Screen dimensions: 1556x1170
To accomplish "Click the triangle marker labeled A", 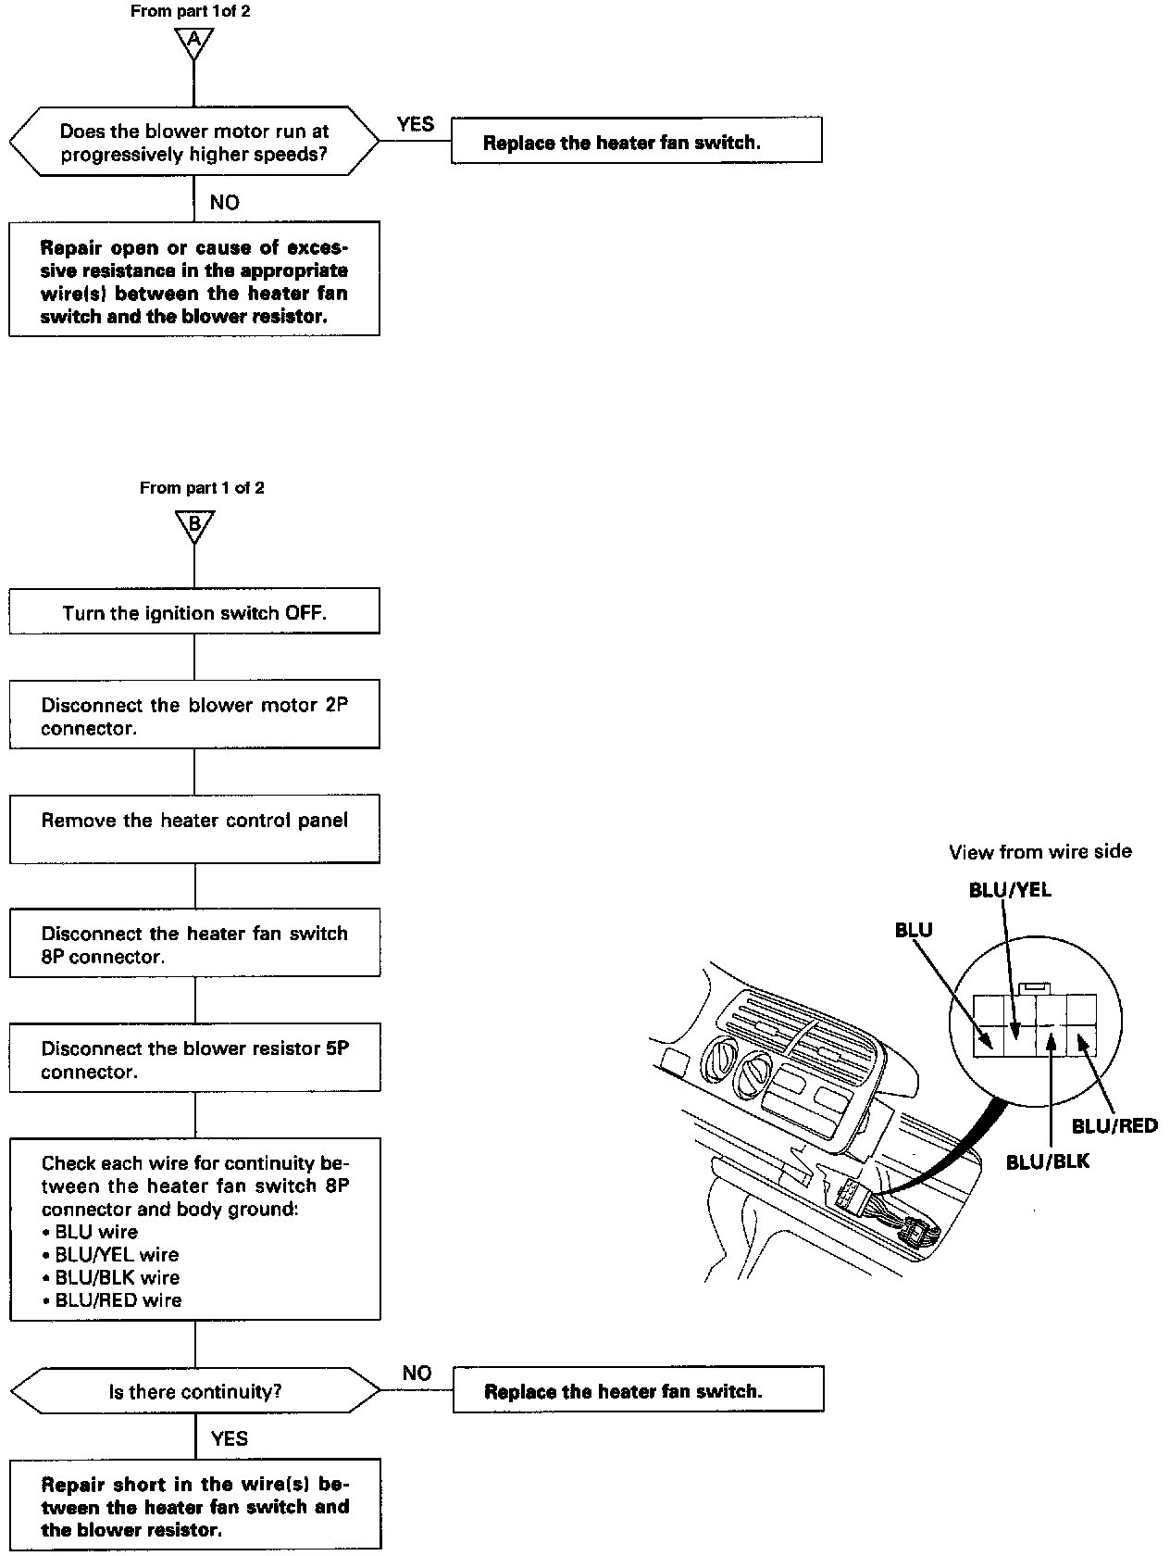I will point(193,41).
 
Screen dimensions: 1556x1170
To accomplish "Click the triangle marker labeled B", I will point(194,525).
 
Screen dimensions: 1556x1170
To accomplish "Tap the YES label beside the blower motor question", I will point(415,124).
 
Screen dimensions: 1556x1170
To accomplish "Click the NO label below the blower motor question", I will point(224,202).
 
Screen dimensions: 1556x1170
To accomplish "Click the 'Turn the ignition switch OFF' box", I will point(194,612).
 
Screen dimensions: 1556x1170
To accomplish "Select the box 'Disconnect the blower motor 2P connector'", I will point(194,716).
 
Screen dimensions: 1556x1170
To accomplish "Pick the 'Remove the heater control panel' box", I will point(194,830).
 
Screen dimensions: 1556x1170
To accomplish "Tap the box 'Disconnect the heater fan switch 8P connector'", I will point(194,944).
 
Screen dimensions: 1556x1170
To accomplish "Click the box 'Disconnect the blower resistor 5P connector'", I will point(194,1059).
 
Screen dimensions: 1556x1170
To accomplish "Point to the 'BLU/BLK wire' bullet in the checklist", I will point(118,1277).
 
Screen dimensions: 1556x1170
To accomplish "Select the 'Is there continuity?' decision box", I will point(194,1391).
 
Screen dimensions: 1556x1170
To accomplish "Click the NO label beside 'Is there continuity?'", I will point(417,1373).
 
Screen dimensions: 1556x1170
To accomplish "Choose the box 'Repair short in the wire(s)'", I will point(194,1507).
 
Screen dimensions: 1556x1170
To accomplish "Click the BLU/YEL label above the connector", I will point(1010,889).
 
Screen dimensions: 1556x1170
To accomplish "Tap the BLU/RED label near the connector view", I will point(1114,1125).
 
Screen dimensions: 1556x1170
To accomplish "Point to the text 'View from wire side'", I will point(1039,851).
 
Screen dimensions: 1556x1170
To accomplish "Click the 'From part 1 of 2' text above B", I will point(202,487).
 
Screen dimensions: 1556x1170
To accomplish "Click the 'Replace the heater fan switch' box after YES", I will point(637,143).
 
